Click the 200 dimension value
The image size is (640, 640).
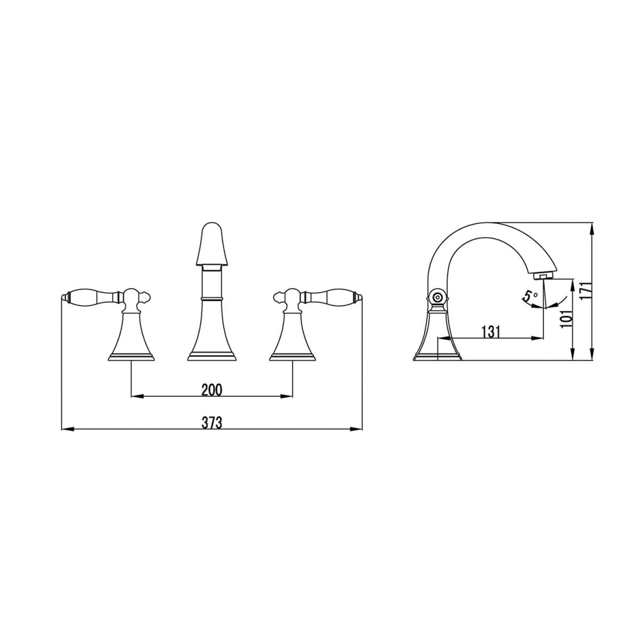212,390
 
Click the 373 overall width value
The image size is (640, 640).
212,423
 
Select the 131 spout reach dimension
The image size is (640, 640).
491,332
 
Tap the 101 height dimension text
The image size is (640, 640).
566,319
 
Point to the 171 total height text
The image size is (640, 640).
585,292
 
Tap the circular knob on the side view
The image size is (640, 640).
438,298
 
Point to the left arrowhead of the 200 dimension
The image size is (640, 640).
134,396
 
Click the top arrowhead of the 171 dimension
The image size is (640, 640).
591,226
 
